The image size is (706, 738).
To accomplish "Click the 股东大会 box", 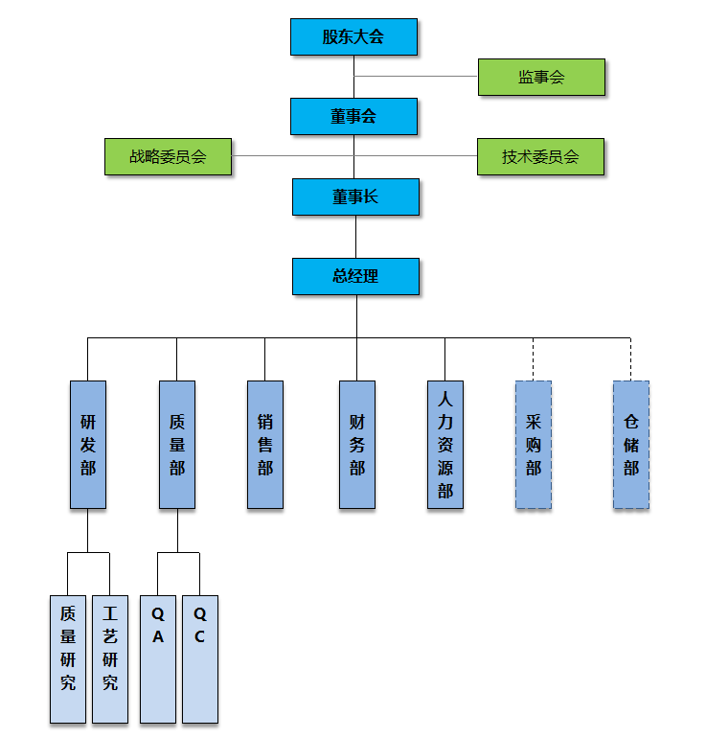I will (353, 36).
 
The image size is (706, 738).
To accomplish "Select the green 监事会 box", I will (541, 78).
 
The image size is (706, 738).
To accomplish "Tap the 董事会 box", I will (353, 116).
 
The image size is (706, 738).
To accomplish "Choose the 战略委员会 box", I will (169, 156).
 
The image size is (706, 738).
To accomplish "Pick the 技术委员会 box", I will (540, 156).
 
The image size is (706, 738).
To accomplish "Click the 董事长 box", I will (355, 196).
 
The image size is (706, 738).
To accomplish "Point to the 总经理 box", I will (355, 276).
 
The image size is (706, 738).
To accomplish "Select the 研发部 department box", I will (88, 445).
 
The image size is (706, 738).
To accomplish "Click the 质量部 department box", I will (176, 445).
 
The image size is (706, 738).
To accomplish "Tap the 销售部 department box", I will (265, 445).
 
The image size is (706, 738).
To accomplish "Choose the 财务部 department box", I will (356, 445).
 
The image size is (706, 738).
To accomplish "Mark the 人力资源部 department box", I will (444, 445).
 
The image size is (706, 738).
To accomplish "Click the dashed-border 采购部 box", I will (534, 445).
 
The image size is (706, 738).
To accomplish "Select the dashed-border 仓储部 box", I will (631, 445).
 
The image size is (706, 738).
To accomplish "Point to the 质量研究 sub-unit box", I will (68, 659).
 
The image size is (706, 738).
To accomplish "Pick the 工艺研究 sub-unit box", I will (110, 659).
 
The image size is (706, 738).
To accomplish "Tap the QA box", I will (158, 659).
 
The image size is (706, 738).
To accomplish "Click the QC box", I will (200, 659).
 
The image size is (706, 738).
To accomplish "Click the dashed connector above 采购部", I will (534, 359).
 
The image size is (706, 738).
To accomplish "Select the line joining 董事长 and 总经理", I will (355, 236).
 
